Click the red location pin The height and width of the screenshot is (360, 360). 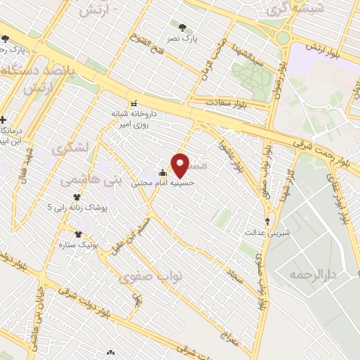point(181,165)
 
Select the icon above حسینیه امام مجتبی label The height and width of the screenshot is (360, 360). point(162,173)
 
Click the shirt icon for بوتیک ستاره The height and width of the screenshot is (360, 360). point(78,234)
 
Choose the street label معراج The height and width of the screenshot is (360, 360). point(231,337)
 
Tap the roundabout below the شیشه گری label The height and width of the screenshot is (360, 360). point(283,38)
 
